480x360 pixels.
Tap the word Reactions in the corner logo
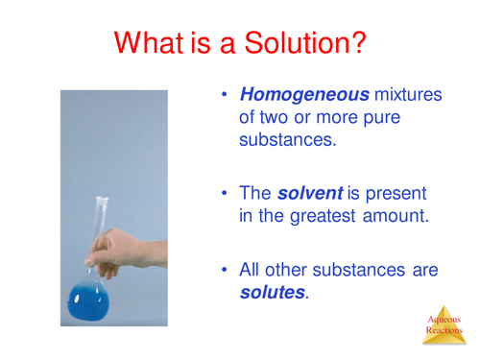coord(445,341)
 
